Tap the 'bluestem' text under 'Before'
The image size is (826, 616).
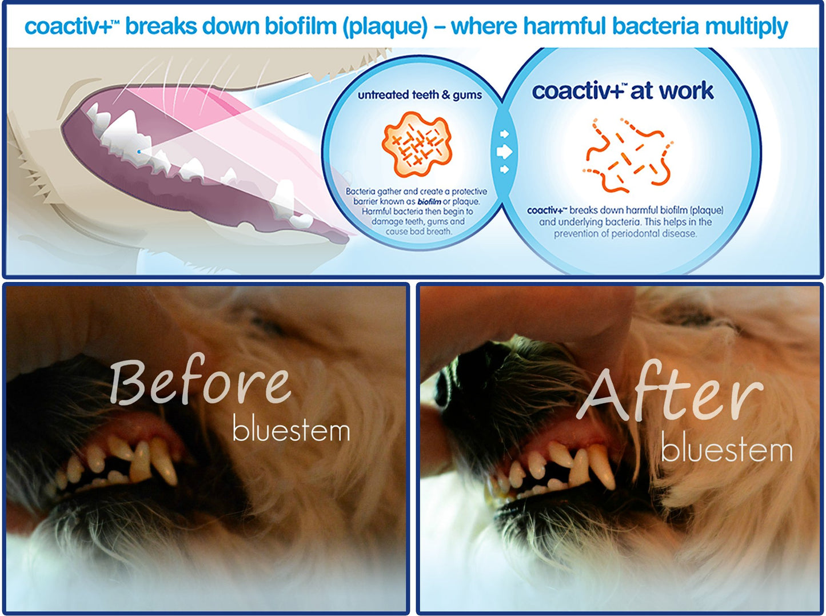pyautogui.click(x=291, y=430)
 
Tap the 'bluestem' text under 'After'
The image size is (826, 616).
pyautogui.click(x=727, y=450)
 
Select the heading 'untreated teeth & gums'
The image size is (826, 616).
pyautogui.click(x=420, y=95)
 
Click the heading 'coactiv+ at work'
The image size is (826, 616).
pyautogui.click(x=623, y=91)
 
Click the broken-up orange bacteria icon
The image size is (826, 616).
pyautogui.click(x=627, y=154)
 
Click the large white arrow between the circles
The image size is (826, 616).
pyautogui.click(x=504, y=152)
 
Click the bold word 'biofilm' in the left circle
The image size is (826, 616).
pyautogui.click(x=429, y=202)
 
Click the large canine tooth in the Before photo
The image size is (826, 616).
pyautogui.click(x=165, y=462)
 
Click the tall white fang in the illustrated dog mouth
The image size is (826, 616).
pyautogui.click(x=123, y=127)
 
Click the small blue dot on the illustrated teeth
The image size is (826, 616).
pyautogui.click(x=138, y=152)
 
